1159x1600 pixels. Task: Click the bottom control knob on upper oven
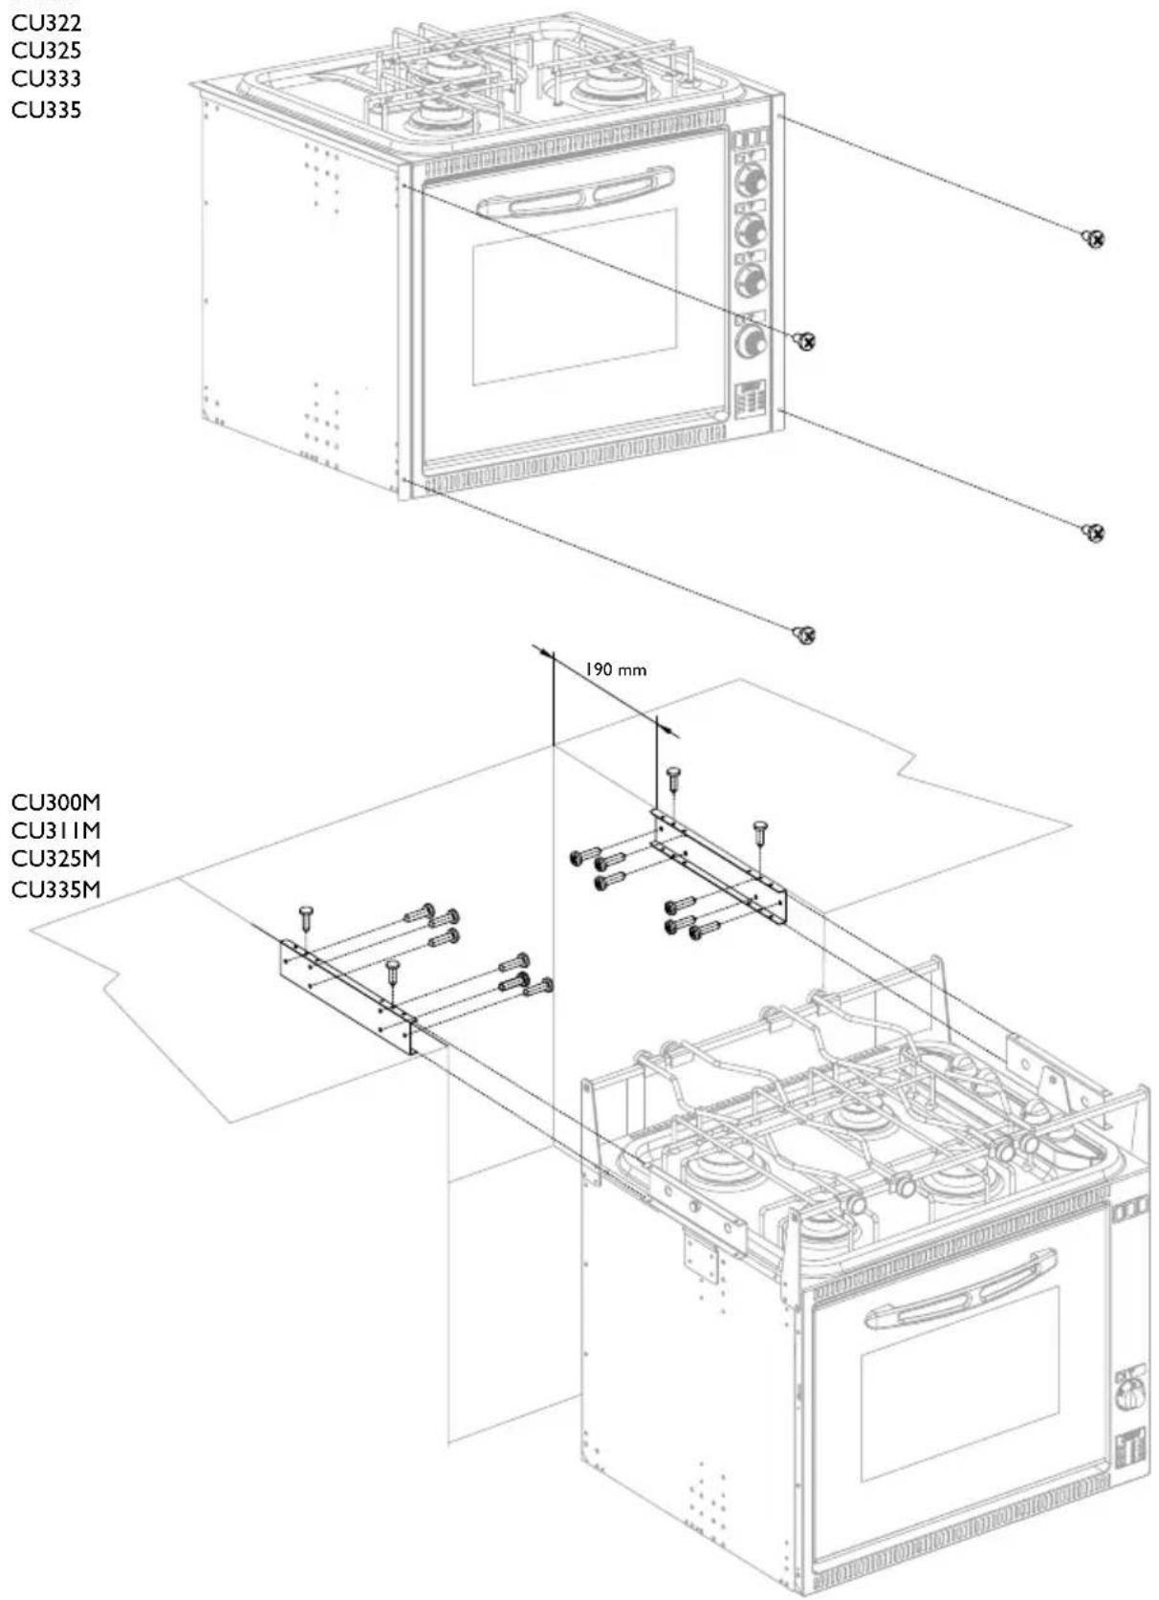click(752, 340)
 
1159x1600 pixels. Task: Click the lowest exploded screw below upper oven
click(805, 634)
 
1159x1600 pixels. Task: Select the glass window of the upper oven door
click(574, 296)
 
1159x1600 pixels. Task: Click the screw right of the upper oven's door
click(805, 340)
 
